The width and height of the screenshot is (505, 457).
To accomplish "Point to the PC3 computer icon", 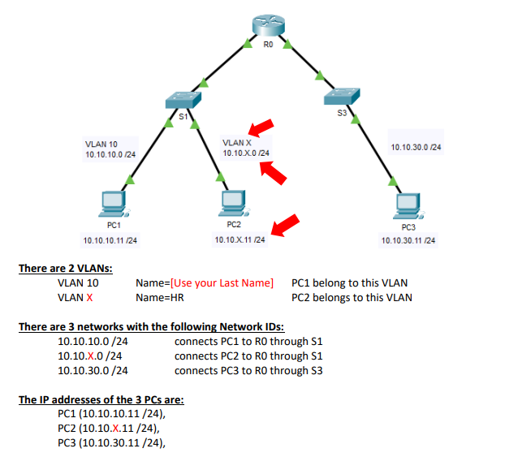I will tap(406, 205).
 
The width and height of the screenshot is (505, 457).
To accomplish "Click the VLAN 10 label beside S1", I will tap(101, 144).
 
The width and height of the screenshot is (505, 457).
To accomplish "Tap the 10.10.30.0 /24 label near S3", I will tap(416, 147).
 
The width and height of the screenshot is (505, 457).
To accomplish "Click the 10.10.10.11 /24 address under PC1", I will tap(110, 240).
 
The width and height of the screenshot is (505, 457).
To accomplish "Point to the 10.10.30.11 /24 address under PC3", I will tap(408, 240).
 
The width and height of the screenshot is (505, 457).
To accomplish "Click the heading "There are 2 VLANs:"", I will tap(66, 269).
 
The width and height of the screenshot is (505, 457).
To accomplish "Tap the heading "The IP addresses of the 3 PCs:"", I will tap(101, 400).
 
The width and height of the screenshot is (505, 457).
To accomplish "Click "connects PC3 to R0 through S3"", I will tap(248, 370).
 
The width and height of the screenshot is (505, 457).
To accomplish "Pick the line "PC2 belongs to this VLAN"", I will tap(352, 298).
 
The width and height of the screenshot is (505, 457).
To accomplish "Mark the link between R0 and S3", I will tap(307, 65).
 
